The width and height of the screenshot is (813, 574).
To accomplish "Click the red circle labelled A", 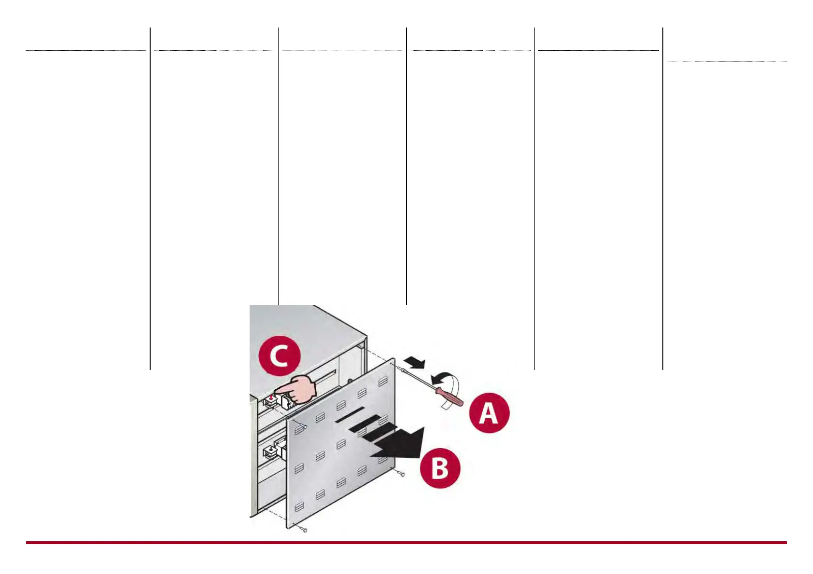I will [489, 413].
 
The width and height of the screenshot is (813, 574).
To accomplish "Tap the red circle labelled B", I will [440, 468].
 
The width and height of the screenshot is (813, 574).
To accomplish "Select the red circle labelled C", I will [280, 356].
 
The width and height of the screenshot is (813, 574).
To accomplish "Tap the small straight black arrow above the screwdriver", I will [415, 362].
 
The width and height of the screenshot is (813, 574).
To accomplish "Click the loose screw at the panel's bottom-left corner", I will [304, 530].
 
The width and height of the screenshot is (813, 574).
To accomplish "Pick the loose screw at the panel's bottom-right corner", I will [402, 474].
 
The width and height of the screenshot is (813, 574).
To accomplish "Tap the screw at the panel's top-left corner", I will [304, 426].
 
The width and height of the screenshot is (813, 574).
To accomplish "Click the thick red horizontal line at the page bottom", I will [406, 543].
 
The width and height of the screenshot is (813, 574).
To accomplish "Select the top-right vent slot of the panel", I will [383, 382].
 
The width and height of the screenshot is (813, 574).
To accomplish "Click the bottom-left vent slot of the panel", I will [299, 506].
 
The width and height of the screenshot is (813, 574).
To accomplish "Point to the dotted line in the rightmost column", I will [726, 62].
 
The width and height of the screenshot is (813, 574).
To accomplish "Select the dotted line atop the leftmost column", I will [86, 50].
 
